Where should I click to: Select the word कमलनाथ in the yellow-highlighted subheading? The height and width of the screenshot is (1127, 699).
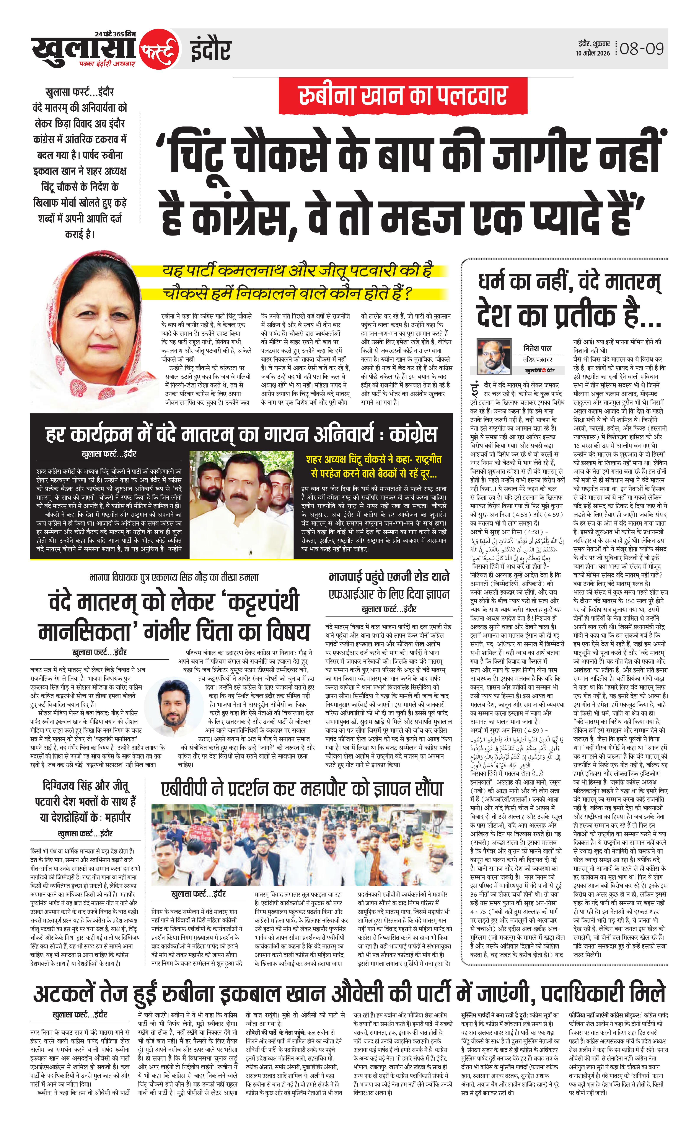[250, 271]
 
